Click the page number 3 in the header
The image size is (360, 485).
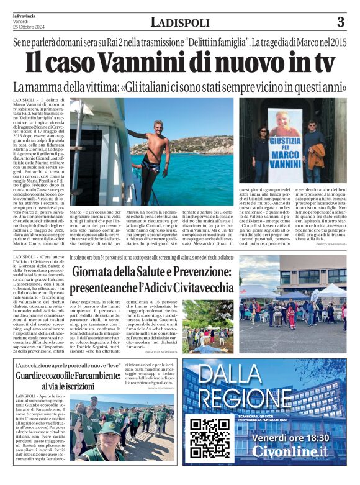[340, 22]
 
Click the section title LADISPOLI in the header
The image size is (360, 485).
[180, 22]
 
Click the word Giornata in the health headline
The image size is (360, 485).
[101, 272]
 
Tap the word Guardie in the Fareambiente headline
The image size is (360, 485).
[31, 376]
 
